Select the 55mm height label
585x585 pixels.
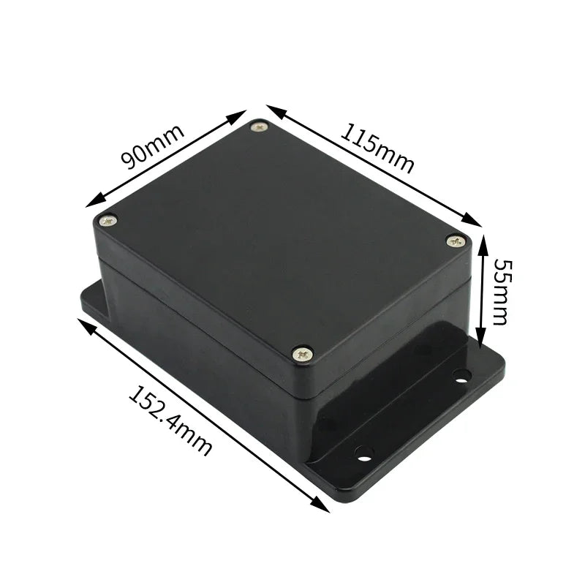(x=500, y=290)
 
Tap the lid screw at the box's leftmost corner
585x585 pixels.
(x=107, y=219)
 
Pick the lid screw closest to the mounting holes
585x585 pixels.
(x=302, y=354)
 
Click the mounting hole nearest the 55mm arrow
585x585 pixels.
(x=461, y=376)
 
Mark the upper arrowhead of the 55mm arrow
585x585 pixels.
(x=482, y=240)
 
